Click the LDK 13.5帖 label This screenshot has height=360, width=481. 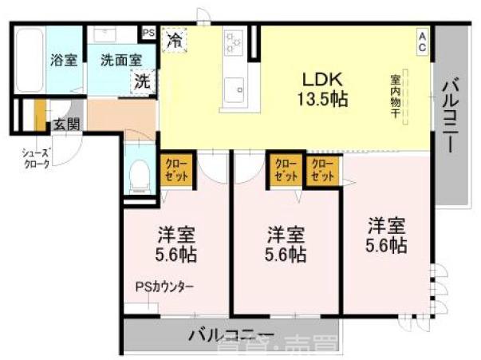click(322, 89)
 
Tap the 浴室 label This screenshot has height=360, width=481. click(64, 60)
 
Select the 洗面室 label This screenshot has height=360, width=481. click(121, 59)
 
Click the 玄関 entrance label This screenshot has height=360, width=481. click(65, 125)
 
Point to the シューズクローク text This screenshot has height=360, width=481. click(37, 157)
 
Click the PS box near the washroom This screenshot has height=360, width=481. click(148, 33)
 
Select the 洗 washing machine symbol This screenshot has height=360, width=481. click(142, 81)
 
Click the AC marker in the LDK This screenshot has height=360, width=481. click(422, 41)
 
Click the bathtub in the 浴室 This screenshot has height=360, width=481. click(30, 61)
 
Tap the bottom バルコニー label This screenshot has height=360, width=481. click(231, 334)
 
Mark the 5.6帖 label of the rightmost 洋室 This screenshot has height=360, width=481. click(387, 245)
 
